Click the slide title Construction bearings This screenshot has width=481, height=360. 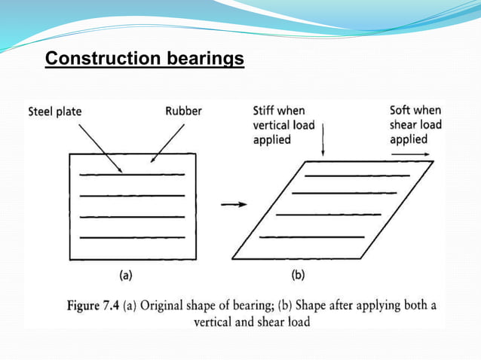[145, 58]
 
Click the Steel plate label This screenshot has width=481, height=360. [55, 111]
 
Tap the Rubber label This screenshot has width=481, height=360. [184, 111]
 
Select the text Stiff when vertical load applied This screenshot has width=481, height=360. [278, 125]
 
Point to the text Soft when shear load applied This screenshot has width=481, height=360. [415, 125]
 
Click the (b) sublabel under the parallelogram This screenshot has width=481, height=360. [299, 275]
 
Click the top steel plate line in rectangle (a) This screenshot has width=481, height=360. [132, 175]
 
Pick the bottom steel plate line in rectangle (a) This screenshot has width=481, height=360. [132, 238]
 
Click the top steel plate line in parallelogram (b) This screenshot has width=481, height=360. [357, 175]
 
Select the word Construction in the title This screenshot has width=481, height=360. [100, 58]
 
